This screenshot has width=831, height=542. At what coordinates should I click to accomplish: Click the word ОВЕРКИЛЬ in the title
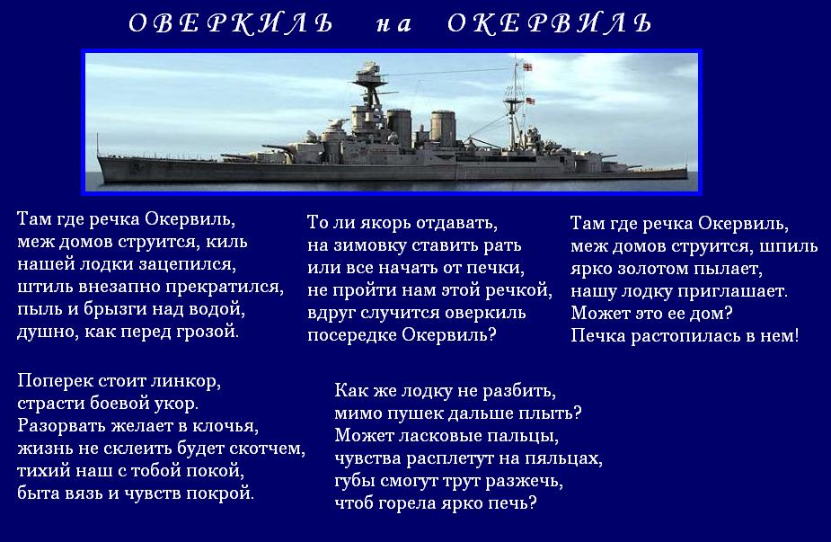[231, 24]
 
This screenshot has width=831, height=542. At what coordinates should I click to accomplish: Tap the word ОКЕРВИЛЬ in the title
[549, 24]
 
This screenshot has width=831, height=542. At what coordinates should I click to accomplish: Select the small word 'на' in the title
[393, 25]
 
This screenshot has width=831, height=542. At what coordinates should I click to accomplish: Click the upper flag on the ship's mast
[526, 67]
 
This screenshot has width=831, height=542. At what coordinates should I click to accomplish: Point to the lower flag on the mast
[530, 101]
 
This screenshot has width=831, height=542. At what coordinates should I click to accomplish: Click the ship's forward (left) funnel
[399, 128]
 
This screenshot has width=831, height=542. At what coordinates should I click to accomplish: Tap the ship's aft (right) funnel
[443, 129]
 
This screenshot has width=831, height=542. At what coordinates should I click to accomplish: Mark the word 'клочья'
[225, 426]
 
